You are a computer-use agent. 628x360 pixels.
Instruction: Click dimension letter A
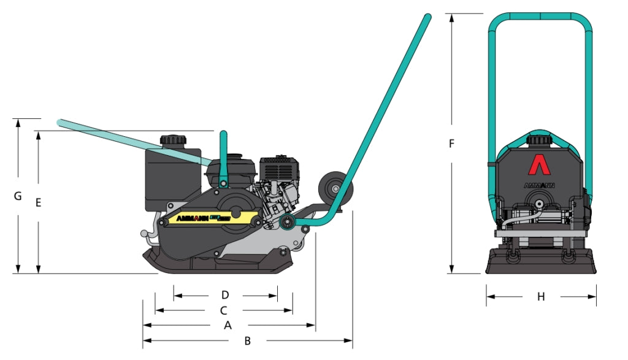click(x=228, y=326)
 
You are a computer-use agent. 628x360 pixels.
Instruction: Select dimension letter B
click(x=247, y=341)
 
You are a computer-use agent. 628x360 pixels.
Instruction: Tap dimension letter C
click(x=223, y=311)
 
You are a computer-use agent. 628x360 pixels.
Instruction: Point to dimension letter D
click(x=225, y=295)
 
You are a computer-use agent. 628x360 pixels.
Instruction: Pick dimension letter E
click(x=38, y=202)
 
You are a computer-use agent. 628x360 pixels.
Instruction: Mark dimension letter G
click(x=18, y=196)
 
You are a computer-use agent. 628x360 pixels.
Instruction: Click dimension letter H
click(x=541, y=297)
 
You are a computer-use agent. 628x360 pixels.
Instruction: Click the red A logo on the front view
click(x=538, y=165)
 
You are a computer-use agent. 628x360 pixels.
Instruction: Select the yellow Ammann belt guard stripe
click(x=209, y=218)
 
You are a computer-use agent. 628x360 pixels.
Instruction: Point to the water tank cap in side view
click(x=172, y=140)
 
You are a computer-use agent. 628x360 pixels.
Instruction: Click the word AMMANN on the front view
click(x=538, y=183)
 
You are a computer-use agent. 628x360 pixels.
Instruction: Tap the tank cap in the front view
click(x=538, y=141)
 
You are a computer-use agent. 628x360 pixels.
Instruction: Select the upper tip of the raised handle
click(x=427, y=17)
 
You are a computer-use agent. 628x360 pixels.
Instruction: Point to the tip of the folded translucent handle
click(x=60, y=123)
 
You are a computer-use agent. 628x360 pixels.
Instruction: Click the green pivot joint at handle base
click(x=286, y=222)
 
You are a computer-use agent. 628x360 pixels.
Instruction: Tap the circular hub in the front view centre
click(x=538, y=203)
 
